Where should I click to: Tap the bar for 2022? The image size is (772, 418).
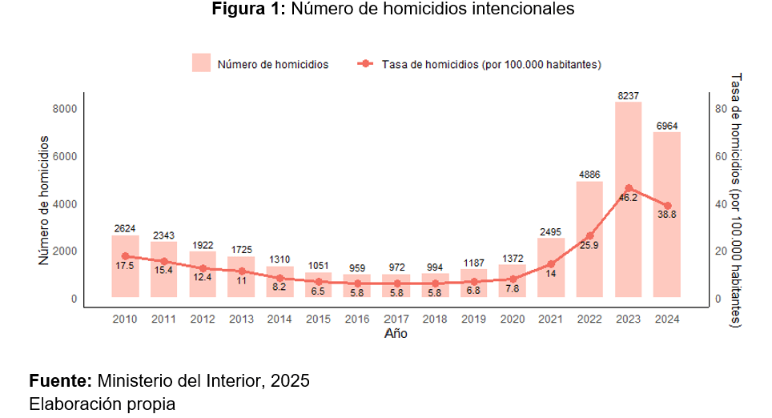click(589, 256)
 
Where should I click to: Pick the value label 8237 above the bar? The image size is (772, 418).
click(629, 96)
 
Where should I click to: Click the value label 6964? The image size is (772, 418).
click(667, 126)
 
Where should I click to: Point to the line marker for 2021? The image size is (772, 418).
click(551, 263)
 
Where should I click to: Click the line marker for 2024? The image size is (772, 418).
click(667, 206)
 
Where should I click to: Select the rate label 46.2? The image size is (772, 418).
click(628, 198)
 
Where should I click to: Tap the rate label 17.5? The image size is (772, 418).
click(125, 265)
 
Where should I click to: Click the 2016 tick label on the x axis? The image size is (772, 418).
click(357, 319)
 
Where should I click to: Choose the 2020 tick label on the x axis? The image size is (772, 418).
click(513, 319)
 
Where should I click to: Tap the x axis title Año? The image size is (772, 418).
click(396, 333)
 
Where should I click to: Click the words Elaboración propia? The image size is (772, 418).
click(102, 404)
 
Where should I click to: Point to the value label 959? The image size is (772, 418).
click(357, 267)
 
